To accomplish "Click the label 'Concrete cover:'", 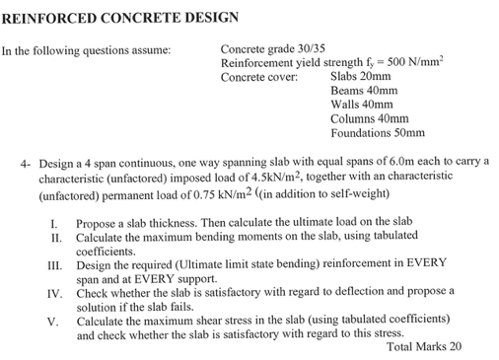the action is (x=259, y=76).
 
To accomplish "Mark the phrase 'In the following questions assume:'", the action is (x=86, y=49).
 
